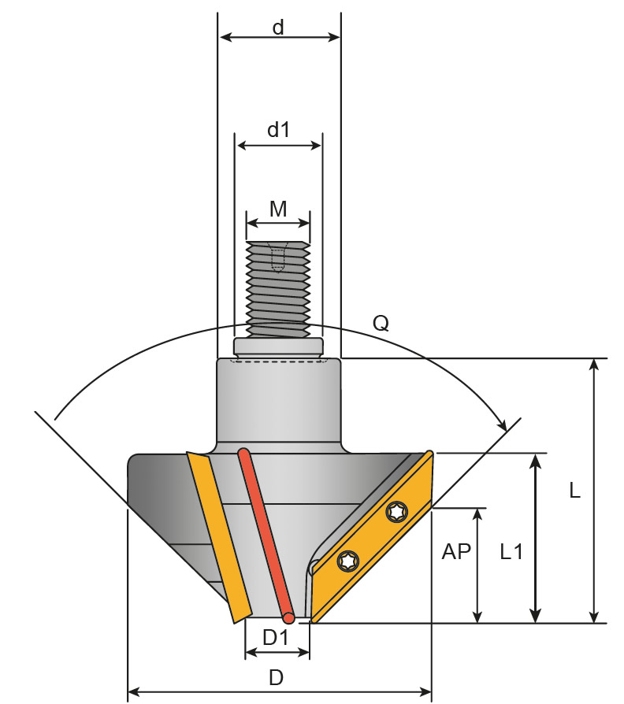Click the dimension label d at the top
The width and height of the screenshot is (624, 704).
pyautogui.click(x=278, y=27)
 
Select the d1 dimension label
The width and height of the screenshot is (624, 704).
pyautogui.click(x=278, y=130)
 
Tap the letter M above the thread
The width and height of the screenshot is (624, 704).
pyautogui.click(x=277, y=209)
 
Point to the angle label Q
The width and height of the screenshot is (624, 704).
pyautogui.click(x=381, y=323)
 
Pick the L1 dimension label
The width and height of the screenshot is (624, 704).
pyautogui.click(x=511, y=552)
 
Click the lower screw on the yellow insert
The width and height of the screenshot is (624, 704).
pyautogui.click(x=347, y=561)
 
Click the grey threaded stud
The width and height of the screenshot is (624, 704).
pyautogui.click(x=277, y=287)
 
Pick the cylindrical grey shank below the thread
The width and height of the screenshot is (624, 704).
pyautogui.click(x=278, y=402)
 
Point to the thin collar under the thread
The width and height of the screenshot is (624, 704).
pyautogui.click(x=277, y=346)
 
